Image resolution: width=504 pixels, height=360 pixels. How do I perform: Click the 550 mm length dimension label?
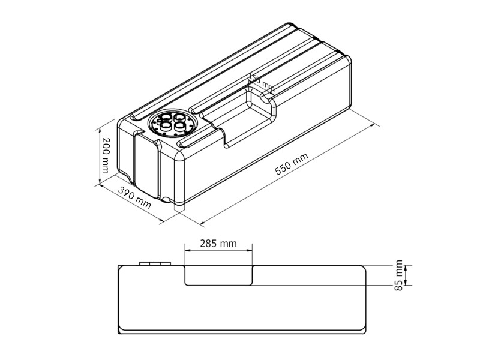292,163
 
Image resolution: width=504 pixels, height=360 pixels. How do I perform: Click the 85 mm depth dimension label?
399,276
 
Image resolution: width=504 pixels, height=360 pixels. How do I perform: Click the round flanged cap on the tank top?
172,124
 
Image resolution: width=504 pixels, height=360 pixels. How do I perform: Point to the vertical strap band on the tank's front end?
146,165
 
